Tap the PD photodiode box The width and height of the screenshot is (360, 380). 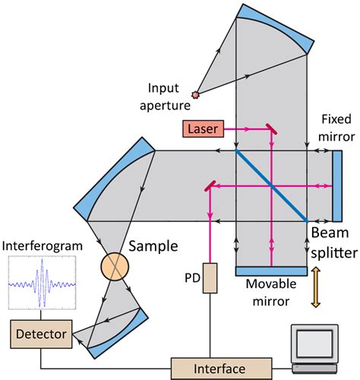click(206, 279)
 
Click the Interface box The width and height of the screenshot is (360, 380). click(221, 369)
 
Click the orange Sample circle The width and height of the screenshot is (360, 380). click(116, 268)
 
